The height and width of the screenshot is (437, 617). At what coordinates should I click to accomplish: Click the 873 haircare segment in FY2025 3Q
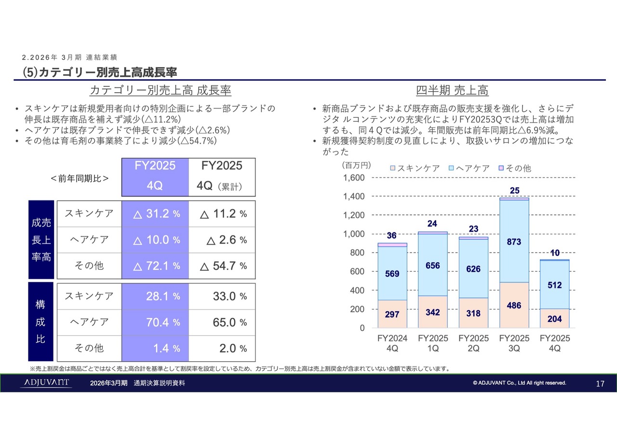[x=514, y=241]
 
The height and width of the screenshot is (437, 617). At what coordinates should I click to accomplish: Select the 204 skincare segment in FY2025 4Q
[x=554, y=319]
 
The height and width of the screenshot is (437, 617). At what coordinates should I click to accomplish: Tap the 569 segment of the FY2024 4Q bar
[x=392, y=274]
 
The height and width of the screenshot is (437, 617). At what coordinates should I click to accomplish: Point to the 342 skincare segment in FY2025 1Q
[x=432, y=312]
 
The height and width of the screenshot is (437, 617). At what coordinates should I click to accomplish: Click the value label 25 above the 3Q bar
[x=514, y=191]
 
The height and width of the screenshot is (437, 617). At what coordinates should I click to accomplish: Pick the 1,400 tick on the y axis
[x=354, y=197]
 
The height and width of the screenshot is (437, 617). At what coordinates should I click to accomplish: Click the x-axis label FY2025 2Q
[x=473, y=343]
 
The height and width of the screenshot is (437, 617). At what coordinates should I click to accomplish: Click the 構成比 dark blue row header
[x=41, y=322]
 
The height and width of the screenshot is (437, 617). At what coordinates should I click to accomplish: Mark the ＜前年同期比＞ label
[x=80, y=178]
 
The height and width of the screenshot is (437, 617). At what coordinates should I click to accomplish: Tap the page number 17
[x=600, y=384]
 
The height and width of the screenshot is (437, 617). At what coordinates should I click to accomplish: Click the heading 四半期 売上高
[x=452, y=90]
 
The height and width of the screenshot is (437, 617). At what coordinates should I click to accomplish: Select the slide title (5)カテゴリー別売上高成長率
[x=100, y=72]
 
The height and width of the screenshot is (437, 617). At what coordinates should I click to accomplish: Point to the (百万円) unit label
[x=356, y=165]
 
